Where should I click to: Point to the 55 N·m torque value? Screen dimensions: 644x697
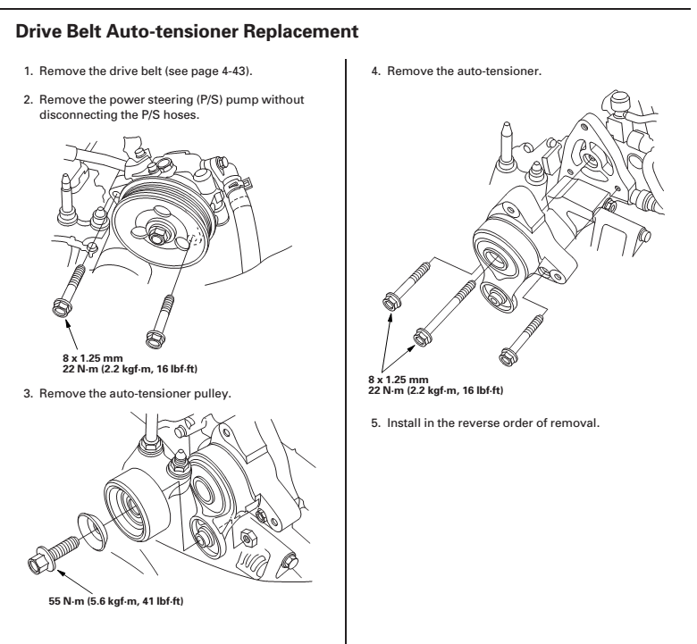[67, 598]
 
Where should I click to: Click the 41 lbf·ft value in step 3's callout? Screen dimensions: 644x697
[168, 598]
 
